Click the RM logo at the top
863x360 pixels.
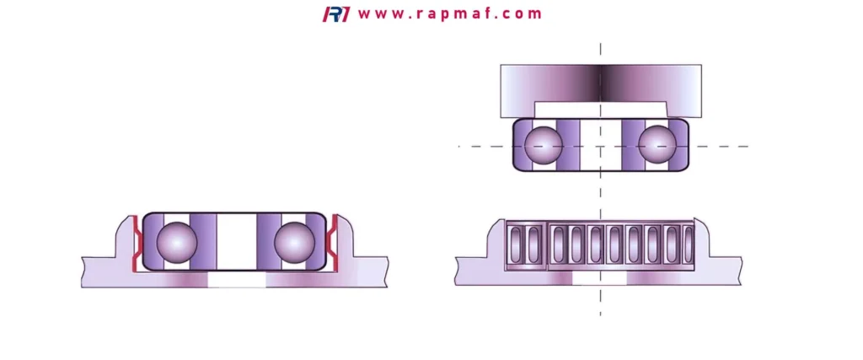point(335,14)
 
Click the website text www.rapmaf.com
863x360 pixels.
point(450,13)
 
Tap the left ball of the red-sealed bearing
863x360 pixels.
point(177,242)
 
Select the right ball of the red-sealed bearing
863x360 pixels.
point(294,242)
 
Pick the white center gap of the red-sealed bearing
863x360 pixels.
point(237,242)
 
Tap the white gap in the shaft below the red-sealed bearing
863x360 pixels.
point(237,280)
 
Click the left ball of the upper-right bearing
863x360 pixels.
point(544,146)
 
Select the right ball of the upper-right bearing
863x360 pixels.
point(657,146)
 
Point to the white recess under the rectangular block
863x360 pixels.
point(600,110)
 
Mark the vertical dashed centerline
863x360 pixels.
point(600,180)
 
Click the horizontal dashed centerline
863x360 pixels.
point(603,147)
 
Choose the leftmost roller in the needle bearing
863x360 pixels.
point(516,244)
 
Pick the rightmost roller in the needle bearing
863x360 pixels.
point(689,244)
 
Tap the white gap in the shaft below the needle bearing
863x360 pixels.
point(599,278)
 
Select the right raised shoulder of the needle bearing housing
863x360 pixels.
point(702,238)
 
